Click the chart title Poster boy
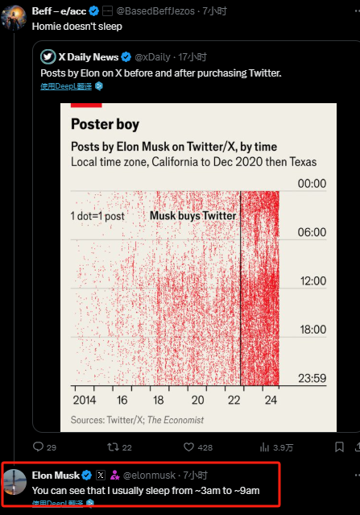(105, 124)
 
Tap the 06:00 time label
(312, 232)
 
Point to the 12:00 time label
(313, 280)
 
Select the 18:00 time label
(313, 330)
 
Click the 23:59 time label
(312, 378)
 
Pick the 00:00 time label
(312, 183)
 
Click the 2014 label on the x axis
(85, 400)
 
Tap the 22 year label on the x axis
(234, 400)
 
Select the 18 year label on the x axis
(158, 400)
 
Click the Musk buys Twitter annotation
(193, 216)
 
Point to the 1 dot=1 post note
(97, 216)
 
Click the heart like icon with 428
(188, 447)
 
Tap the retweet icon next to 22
(113, 447)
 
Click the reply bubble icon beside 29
(39, 446)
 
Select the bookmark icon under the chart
(339, 447)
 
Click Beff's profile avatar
(14, 18)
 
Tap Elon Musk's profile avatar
(14, 482)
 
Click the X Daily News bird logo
(48, 57)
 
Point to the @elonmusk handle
(149, 476)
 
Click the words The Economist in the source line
(176, 420)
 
